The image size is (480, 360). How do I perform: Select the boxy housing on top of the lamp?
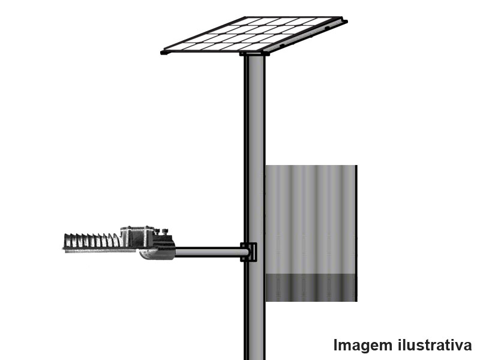(139, 234)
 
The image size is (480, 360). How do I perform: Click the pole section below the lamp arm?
(254, 312)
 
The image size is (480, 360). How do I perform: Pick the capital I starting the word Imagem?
(336, 346)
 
